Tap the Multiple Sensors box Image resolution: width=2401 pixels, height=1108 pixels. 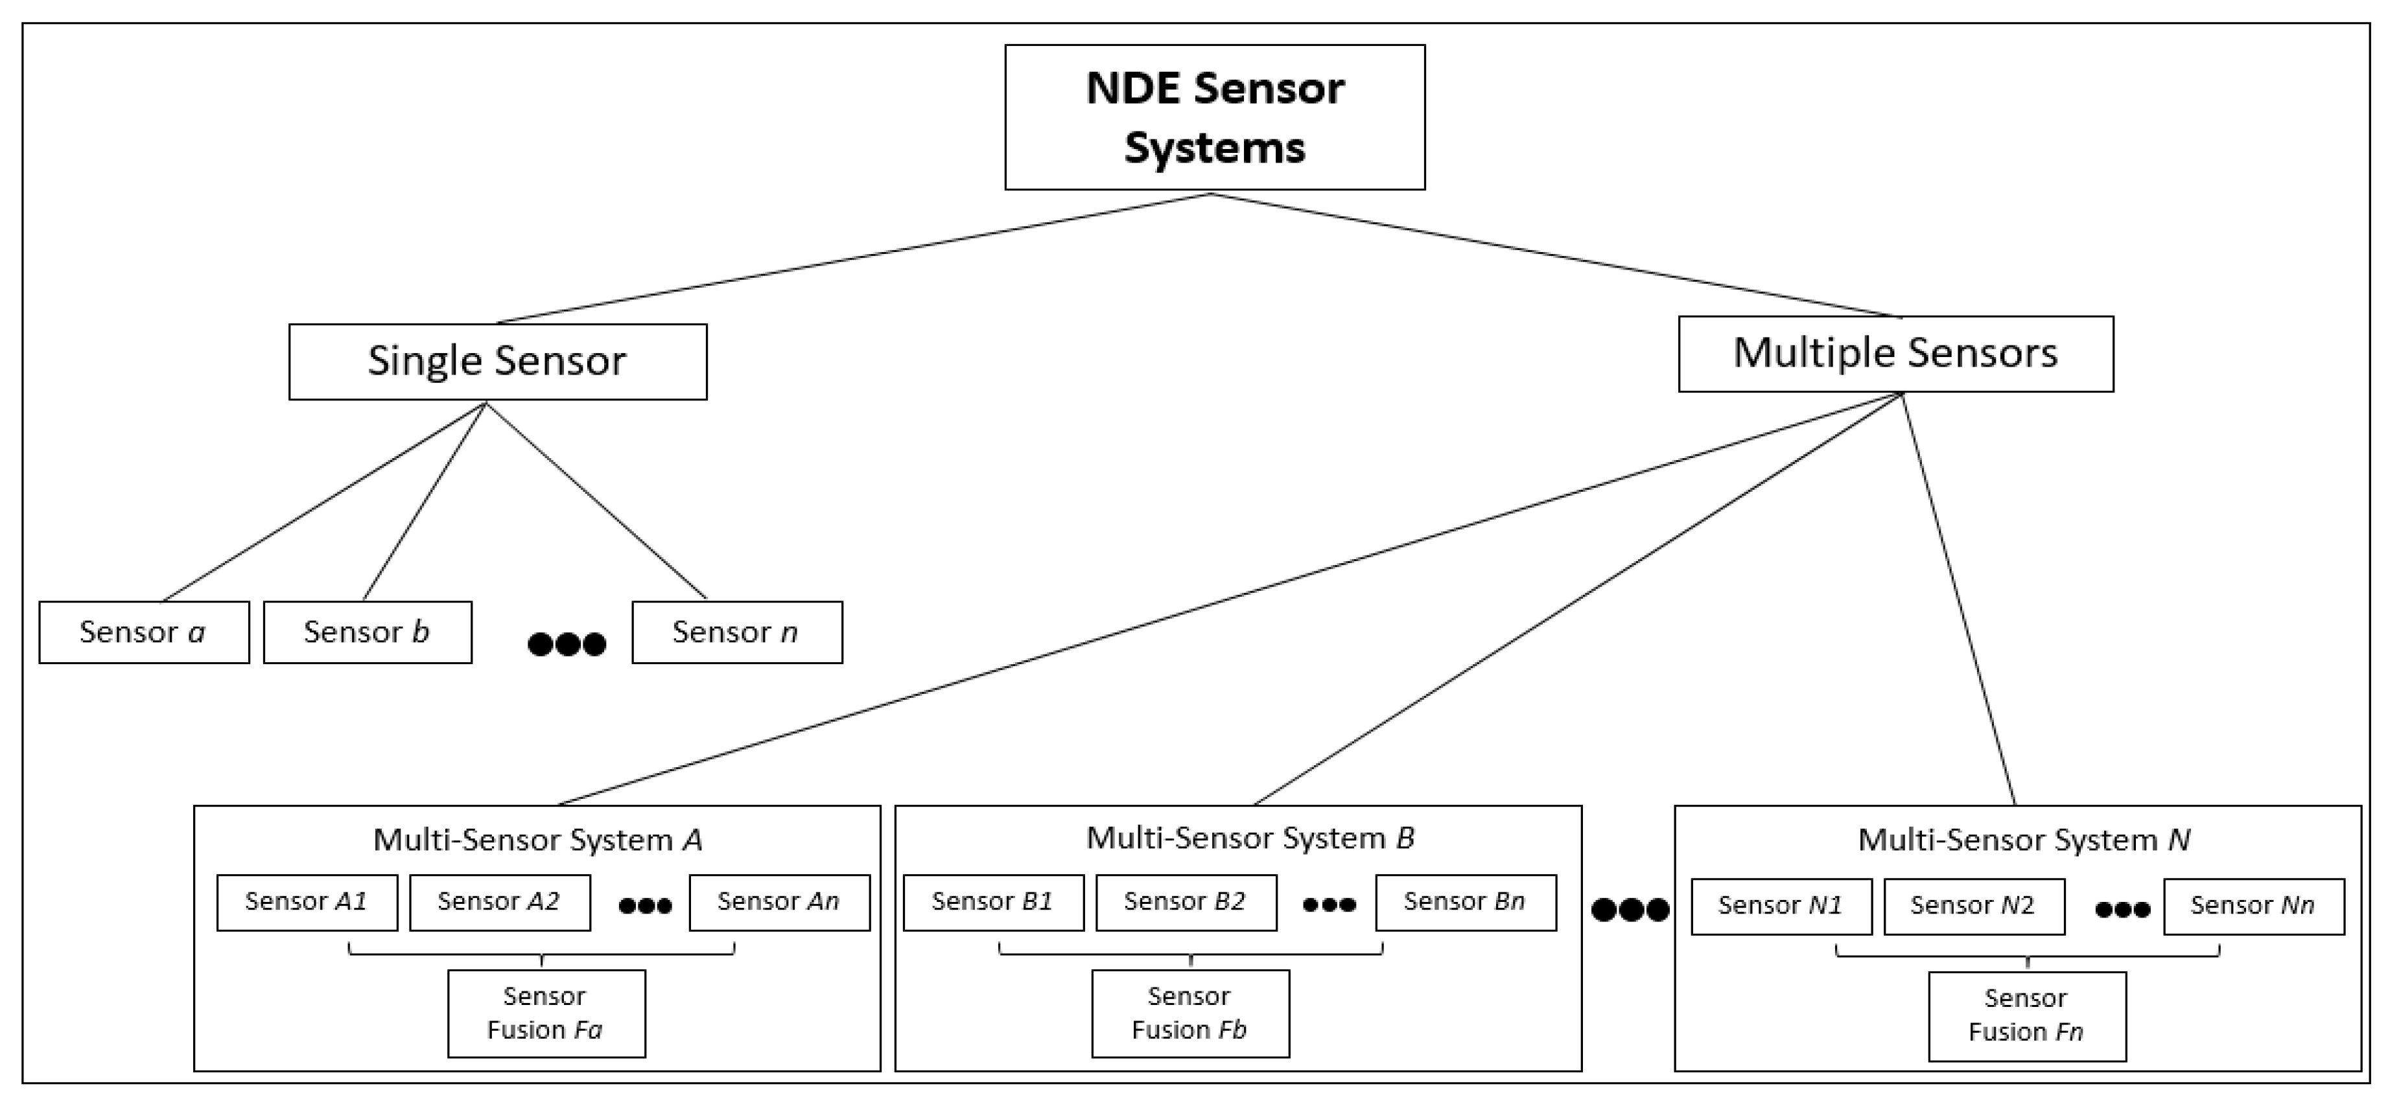click(1895, 354)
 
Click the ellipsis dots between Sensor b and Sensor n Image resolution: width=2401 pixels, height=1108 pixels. click(567, 643)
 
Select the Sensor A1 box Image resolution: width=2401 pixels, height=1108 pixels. click(307, 902)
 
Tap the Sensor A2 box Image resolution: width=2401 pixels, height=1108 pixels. click(500, 902)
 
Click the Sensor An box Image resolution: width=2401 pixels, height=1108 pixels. click(779, 902)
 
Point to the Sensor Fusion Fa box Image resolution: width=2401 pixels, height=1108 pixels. click(546, 1013)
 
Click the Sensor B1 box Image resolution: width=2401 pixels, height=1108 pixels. click(994, 902)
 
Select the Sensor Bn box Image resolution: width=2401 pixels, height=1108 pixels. click(1465, 902)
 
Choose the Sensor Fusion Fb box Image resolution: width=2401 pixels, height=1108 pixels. click(1190, 1013)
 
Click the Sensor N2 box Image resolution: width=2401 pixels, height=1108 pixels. click(1973, 906)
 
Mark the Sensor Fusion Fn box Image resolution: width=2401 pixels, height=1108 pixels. click(2026, 1016)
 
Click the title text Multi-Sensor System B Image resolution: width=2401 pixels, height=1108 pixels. click(1250, 838)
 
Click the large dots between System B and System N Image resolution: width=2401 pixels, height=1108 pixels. click(1629, 910)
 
